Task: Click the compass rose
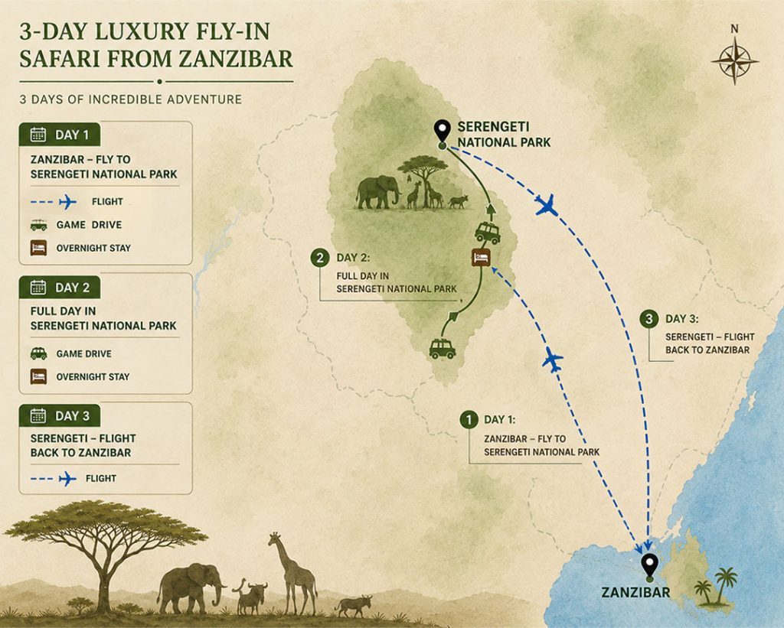coord(734,61)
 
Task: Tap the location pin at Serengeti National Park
coord(442,132)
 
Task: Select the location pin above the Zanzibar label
coord(649,567)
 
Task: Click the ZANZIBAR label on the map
coord(635,593)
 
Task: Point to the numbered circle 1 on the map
coord(469,419)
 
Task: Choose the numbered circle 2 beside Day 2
coord(320,258)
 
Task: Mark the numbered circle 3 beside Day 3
coord(649,319)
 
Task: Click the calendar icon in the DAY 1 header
coord(38,135)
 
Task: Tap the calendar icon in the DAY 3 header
coord(38,415)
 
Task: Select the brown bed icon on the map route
coord(481,258)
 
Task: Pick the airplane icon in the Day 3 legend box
coord(67,478)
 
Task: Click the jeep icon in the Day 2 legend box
coord(38,353)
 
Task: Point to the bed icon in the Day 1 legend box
coord(38,248)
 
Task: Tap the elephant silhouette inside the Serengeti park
coord(378,192)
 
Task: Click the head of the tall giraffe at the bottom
coord(274,539)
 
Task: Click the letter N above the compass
coord(734,29)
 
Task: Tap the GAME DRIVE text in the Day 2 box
coord(84,353)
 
